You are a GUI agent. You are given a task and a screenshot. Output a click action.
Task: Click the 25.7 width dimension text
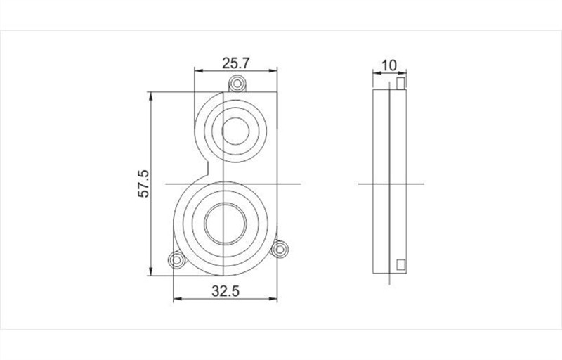[x=236, y=63]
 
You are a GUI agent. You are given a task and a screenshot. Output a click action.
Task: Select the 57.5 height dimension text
[x=143, y=184]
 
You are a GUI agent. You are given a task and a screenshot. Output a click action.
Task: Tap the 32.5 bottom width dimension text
[x=226, y=290]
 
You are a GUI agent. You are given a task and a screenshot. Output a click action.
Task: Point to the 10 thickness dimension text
[x=388, y=65]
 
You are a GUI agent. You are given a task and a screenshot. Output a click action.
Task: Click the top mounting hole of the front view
[x=237, y=85]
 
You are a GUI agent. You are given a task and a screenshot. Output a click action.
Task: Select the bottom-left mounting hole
[x=175, y=260]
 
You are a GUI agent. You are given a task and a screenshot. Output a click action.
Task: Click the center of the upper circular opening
[x=237, y=131]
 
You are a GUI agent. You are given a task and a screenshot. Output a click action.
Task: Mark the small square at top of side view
[x=400, y=84]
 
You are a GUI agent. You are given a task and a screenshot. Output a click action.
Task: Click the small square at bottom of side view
[x=401, y=264]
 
